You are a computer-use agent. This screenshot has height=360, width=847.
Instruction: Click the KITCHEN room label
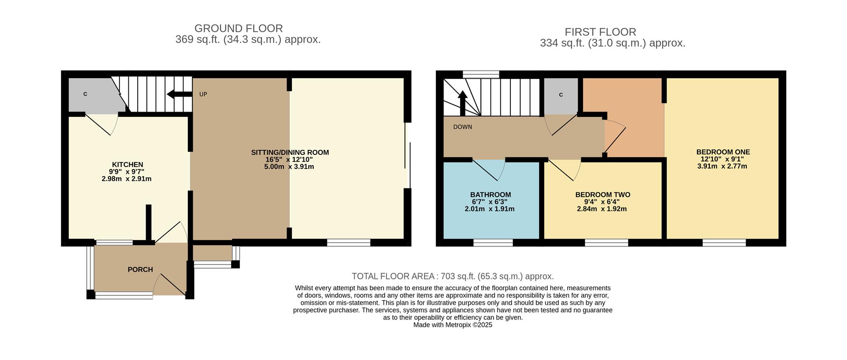(127, 165)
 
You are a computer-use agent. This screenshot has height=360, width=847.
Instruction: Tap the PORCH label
(140, 270)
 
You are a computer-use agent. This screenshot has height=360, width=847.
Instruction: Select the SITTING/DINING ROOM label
(290, 153)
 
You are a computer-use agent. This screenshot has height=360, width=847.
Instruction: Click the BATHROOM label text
(490, 195)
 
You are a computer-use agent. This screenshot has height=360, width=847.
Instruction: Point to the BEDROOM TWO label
(602, 195)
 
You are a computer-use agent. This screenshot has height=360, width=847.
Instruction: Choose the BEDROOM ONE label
(723, 152)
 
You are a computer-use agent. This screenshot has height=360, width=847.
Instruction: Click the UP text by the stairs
(203, 94)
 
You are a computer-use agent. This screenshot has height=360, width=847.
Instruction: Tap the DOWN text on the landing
(462, 127)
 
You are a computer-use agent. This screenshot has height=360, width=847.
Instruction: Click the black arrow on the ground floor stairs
(179, 94)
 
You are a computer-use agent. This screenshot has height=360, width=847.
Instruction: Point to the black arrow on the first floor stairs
(462, 102)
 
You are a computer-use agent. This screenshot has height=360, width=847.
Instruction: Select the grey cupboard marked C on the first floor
(561, 95)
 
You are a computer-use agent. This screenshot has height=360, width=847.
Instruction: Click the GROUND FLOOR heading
(238, 28)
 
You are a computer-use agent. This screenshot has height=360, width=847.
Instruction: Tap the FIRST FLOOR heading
(600, 32)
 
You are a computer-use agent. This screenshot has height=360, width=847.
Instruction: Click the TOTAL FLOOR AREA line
(452, 276)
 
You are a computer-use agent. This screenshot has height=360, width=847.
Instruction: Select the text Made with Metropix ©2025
(452, 325)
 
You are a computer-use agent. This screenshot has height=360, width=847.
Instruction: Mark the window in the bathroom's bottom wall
(493, 242)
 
